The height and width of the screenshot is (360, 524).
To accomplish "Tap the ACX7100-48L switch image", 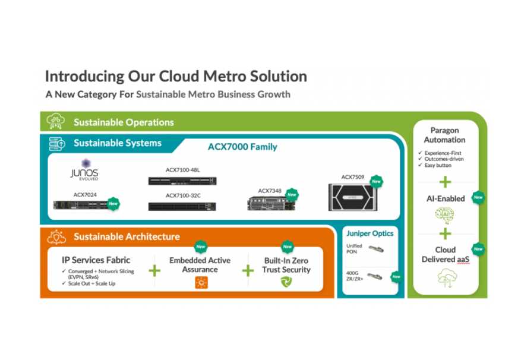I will click(182, 181).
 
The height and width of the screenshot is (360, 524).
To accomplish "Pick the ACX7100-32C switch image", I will click(182, 206).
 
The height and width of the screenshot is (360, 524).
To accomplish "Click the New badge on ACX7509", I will click(375, 181).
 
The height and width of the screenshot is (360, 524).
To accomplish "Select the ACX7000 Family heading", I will click(242, 147).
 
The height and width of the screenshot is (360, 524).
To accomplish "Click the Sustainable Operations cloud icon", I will click(55, 122).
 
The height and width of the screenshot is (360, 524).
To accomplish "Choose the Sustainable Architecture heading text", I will click(127, 236).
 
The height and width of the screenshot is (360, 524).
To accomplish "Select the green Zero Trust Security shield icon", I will click(287, 282).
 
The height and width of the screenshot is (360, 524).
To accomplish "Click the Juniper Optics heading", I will click(370, 233).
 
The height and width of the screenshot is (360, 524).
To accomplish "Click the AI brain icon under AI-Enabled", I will click(444, 215).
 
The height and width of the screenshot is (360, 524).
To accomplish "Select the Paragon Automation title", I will click(444, 135).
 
